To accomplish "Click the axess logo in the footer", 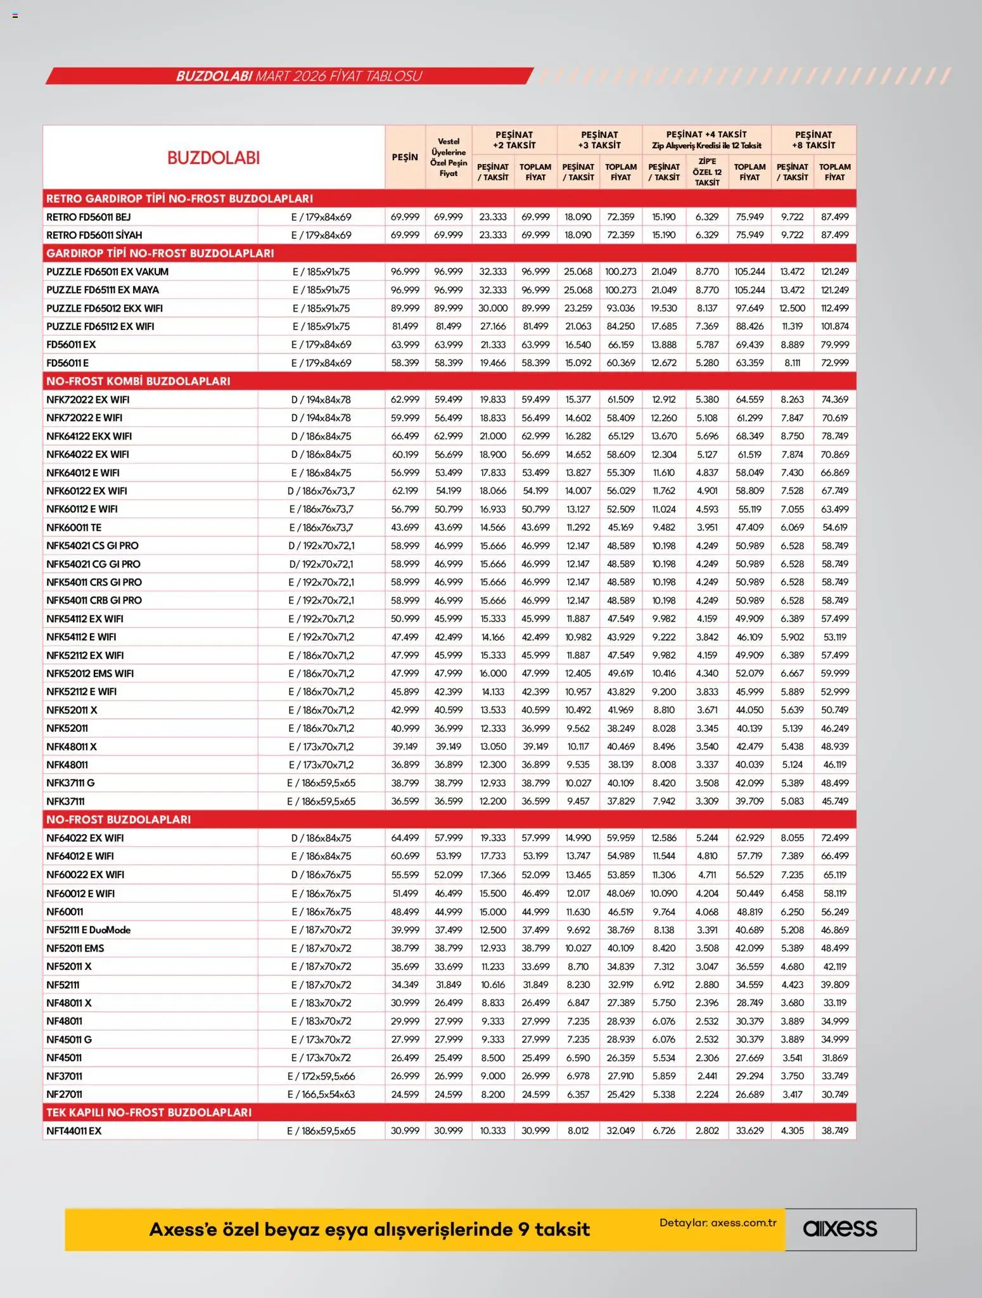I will [x=840, y=1229].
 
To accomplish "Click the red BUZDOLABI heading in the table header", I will [x=214, y=158].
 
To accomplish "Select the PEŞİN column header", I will [x=405, y=157].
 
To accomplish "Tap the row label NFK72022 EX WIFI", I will [x=87, y=400].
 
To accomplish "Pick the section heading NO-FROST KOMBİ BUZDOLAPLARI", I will [x=138, y=381].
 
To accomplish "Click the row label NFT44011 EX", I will [x=73, y=1131].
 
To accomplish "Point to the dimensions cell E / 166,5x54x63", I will [x=321, y=1094].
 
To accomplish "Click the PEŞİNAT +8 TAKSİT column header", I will [x=813, y=140].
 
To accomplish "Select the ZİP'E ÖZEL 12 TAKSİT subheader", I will [x=707, y=172].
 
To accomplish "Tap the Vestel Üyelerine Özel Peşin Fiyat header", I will [x=449, y=157].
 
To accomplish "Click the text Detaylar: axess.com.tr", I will [x=718, y=1223].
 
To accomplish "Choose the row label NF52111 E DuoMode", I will [x=88, y=930].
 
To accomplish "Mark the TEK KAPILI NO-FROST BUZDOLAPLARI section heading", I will [x=149, y=1112].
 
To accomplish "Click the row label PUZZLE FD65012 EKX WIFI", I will [x=105, y=309].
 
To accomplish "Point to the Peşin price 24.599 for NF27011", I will [x=405, y=1094].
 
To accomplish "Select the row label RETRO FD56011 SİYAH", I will [x=94, y=235].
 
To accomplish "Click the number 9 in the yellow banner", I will [x=523, y=1230].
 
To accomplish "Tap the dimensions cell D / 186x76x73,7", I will [x=321, y=491].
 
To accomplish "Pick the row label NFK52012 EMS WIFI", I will [x=90, y=673].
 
